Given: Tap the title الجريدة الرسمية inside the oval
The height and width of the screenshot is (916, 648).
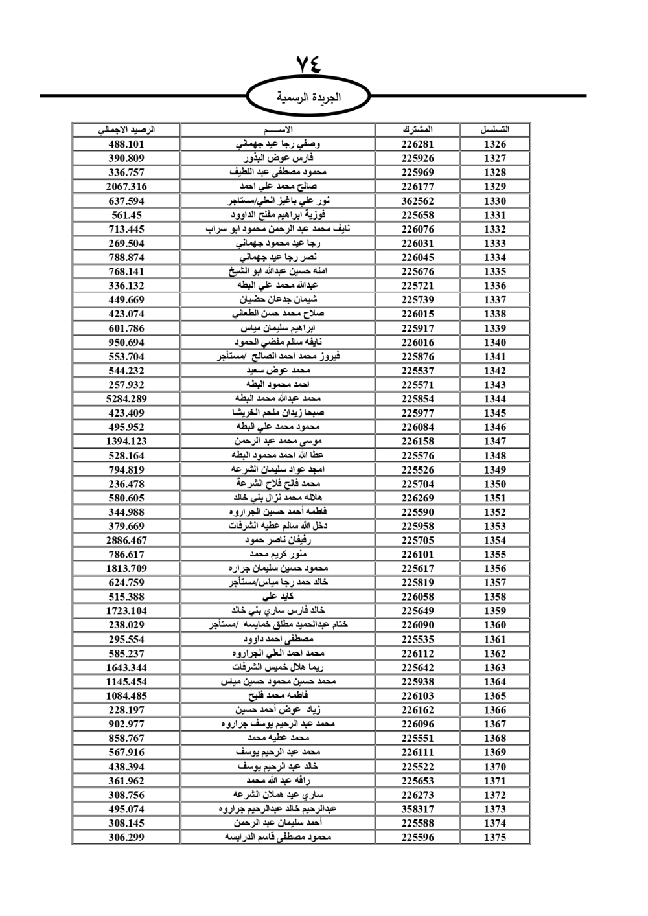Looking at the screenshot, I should click(x=309, y=98).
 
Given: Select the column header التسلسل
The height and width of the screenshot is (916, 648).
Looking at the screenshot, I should click(x=494, y=130).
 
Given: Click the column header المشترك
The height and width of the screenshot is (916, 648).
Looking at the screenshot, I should click(x=417, y=130).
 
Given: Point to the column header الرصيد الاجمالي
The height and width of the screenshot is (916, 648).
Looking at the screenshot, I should click(x=126, y=130).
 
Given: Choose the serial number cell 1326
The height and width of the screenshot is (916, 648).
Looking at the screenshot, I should click(x=494, y=144).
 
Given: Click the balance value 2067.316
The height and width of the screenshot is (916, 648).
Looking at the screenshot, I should click(x=126, y=187).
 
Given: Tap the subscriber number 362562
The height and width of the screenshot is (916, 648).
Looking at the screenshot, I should click(x=417, y=201).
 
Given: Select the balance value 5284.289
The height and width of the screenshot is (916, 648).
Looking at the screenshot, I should click(x=126, y=399).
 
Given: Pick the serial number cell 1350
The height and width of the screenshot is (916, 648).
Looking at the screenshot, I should click(x=494, y=484).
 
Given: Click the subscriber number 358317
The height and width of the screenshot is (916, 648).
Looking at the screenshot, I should click(x=417, y=809).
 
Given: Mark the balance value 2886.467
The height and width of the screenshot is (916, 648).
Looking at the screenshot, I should click(x=126, y=540).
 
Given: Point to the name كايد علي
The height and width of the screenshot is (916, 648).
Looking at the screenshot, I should click(x=278, y=597).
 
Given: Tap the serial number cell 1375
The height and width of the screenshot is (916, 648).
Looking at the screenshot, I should click(x=494, y=837).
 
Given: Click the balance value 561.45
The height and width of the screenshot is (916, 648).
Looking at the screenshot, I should click(x=126, y=215).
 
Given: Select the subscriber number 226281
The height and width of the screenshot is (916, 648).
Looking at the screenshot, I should click(x=417, y=144).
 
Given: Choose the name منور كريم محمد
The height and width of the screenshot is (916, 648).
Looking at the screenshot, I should click(x=278, y=555).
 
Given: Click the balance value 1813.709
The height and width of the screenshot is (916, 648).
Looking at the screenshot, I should click(x=126, y=569).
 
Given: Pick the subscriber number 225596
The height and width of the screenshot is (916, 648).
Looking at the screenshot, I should click(x=417, y=837).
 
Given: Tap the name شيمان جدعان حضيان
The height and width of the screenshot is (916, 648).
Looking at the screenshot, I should click(x=278, y=300).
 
